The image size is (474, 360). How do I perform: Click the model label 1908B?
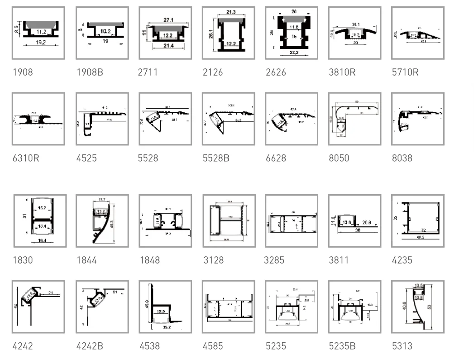pos(90,72)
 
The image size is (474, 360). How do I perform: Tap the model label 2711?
pos(148,72)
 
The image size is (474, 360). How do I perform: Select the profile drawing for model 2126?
pos(229,33)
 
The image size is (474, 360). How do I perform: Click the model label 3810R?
pos(342,72)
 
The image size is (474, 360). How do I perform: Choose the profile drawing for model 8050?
pos(354,119)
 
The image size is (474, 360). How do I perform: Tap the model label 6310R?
pos(26,158)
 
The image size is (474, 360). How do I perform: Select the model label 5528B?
pos(216,158)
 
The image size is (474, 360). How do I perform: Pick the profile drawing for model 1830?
pos(40,221)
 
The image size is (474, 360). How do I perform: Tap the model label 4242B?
pos(90,346)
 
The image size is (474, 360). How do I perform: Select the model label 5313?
pos(402,346)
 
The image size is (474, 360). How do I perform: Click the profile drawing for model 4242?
pos(38,307)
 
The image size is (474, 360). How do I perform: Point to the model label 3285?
pos(274,260)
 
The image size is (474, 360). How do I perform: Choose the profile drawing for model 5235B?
pos(354,307)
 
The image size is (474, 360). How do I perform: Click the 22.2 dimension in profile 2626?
pos(292,53)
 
